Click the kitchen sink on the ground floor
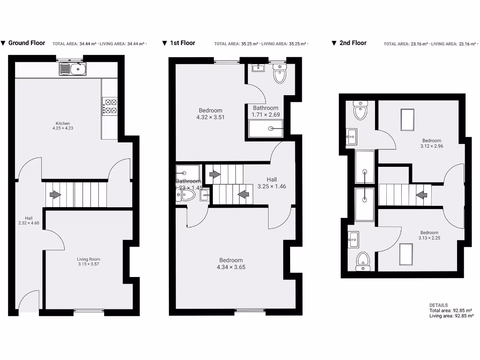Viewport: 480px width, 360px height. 73,69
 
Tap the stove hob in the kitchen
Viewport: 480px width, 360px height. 110,106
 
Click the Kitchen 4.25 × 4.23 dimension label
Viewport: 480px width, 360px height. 63,126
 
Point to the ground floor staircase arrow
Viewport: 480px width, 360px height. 55,194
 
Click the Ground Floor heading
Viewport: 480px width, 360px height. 27,43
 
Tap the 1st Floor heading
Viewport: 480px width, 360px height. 182,43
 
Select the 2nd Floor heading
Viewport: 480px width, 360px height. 353,43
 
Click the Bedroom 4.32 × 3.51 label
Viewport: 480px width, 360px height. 210,114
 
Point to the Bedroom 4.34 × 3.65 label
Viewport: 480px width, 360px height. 231,263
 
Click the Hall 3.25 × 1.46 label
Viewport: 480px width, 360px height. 272,183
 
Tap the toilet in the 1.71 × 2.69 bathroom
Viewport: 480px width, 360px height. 280,75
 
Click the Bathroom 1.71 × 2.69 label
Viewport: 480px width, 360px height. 266,111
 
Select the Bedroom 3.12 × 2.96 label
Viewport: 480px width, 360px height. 432,143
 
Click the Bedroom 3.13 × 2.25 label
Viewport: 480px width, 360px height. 429,235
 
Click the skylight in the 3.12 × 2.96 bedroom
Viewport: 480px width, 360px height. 407,120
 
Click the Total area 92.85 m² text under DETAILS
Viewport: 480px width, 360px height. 450,310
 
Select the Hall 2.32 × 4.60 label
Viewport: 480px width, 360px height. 29,220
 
